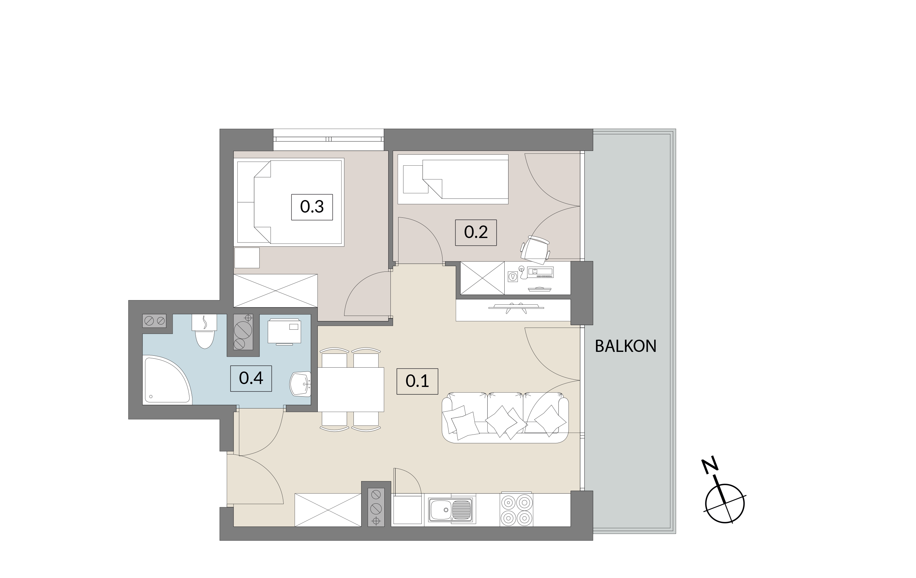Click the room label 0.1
[x=417, y=381]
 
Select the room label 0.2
[x=476, y=233]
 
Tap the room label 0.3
[x=312, y=207]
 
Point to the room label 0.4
[x=251, y=378]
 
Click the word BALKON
[x=626, y=346]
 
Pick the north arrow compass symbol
[x=724, y=495]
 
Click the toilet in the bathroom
[x=205, y=331]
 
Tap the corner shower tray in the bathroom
[x=167, y=380]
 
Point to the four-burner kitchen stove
[x=516, y=510]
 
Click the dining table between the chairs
[x=351, y=389]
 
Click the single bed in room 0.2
[x=453, y=179]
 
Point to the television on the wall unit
[x=516, y=308]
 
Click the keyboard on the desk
[x=541, y=272]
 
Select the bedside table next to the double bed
[x=247, y=258]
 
